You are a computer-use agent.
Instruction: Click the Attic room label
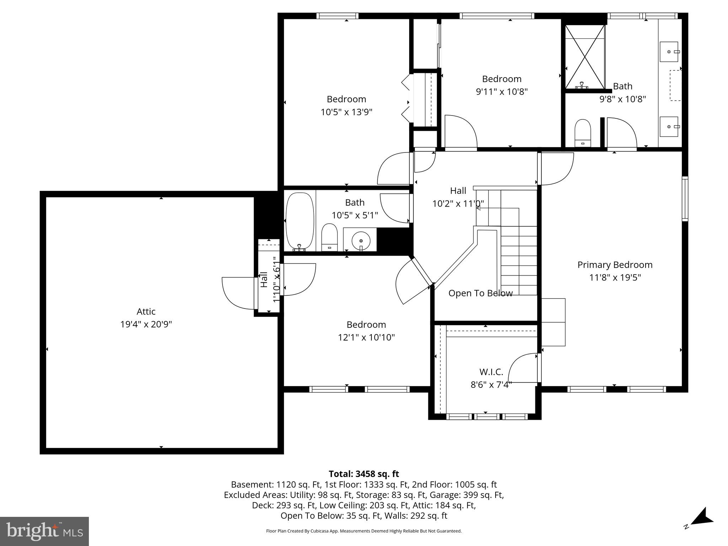146,311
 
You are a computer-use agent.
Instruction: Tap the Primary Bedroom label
615,265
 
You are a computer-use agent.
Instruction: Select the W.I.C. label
491,372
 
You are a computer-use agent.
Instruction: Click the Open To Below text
480,293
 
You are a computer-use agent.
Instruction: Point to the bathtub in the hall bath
300,221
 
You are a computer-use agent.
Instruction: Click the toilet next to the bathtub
329,237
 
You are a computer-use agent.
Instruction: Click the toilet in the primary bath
582,133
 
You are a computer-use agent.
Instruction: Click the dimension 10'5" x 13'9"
346,112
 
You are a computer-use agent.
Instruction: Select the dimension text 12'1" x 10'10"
366,337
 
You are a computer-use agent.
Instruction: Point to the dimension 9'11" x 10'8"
502,92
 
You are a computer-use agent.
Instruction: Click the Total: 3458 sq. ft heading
364,474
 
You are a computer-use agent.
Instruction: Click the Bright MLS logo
44,531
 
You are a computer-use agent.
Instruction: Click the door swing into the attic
237,293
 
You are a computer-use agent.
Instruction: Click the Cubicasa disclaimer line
364,531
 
